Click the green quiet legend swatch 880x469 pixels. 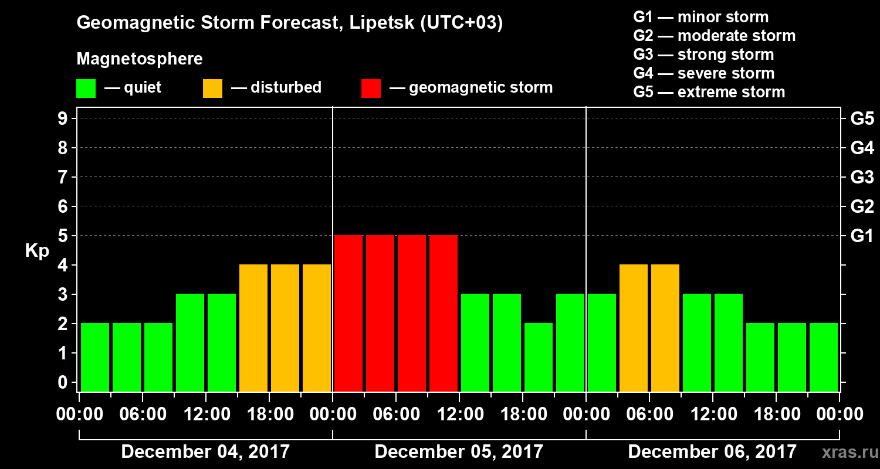[86, 89]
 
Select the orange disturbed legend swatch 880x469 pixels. [212, 89]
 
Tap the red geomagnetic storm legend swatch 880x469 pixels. [371, 89]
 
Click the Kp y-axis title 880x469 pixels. [37, 252]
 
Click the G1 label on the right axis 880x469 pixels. [862, 236]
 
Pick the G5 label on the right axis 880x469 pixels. [862, 119]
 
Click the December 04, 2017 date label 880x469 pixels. [205, 452]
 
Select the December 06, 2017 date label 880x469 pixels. [712, 452]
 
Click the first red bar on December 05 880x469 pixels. [348, 313]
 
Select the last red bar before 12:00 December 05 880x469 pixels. [444, 313]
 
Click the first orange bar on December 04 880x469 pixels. [253, 328]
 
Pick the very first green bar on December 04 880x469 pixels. [95, 357]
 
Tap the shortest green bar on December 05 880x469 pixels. [539, 357]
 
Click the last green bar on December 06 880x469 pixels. [824, 357]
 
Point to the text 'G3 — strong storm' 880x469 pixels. [703, 55]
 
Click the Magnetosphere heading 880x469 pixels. [140, 59]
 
